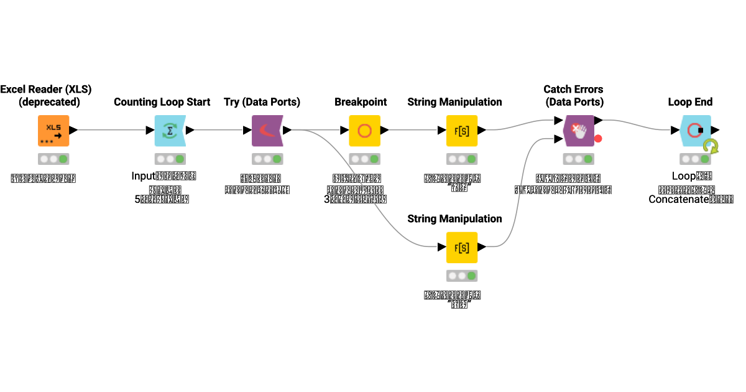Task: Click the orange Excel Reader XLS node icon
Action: (x=53, y=131)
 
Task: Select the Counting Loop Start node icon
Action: (x=170, y=131)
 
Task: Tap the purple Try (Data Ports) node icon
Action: (x=267, y=131)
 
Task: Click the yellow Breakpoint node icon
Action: (x=364, y=131)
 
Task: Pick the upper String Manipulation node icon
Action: (x=462, y=131)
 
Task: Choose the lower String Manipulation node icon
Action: (x=462, y=248)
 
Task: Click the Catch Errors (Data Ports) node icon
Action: (x=578, y=131)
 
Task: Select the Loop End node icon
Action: (x=695, y=131)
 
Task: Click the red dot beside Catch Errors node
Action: (x=598, y=138)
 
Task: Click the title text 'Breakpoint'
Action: (x=361, y=102)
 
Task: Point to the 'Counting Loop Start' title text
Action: (x=162, y=102)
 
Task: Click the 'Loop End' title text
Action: (x=690, y=102)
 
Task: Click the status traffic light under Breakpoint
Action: (x=364, y=159)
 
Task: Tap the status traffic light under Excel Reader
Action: (x=53, y=159)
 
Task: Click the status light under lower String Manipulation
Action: (x=462, y=276)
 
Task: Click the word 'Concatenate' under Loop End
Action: (x=679, y=199)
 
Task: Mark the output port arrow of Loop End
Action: (x=716, y=131)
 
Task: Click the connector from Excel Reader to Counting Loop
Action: (x=112, y=131)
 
